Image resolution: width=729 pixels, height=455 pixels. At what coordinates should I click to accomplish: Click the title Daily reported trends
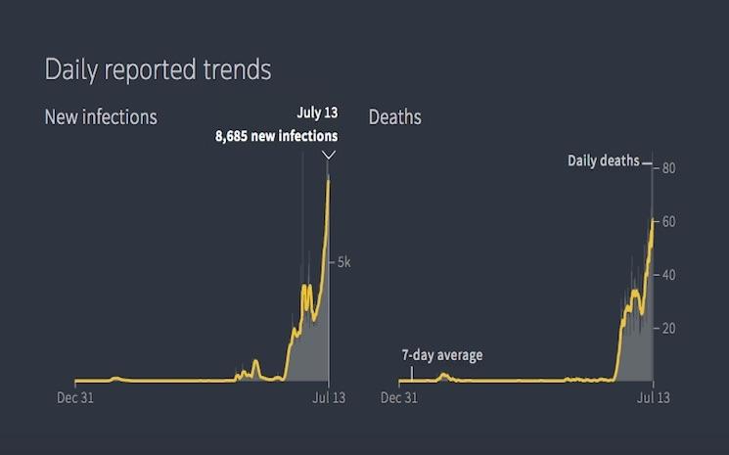(158, 70)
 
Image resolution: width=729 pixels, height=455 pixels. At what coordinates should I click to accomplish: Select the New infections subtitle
(101, 117)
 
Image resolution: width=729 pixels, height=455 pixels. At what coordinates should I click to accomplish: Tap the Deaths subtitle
(395, 117)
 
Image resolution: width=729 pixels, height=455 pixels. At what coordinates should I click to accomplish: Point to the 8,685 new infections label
(276, 137)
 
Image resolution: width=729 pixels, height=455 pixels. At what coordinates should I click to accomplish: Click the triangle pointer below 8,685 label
(329, 155)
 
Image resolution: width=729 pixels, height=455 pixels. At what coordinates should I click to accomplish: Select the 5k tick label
(344, 262)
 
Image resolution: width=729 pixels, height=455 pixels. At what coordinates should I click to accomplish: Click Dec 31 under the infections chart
(75, 397)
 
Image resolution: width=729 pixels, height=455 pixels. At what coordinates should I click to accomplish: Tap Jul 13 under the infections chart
(329, 397)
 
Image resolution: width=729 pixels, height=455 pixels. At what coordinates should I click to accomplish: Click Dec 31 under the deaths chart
(398, 397)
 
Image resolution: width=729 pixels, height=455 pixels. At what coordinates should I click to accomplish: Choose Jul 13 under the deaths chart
(653, 397)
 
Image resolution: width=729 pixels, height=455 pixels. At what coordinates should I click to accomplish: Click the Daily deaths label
(603, 160)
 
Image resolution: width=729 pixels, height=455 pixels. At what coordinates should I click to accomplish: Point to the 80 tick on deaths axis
(668, 168)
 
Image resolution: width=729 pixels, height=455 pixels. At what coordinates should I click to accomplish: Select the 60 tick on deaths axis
(668, 222)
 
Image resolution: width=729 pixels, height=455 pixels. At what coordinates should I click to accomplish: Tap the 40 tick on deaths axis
(668, 275)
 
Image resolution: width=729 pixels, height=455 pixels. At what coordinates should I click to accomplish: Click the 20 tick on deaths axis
(668, 328)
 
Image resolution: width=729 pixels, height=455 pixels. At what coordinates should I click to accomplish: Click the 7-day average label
(441, 355)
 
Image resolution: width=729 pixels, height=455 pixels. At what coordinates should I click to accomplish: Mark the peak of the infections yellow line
(328, 180)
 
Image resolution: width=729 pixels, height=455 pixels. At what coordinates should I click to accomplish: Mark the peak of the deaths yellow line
(652, 219)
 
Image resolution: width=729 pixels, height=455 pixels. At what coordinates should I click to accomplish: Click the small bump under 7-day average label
(442, 375)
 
